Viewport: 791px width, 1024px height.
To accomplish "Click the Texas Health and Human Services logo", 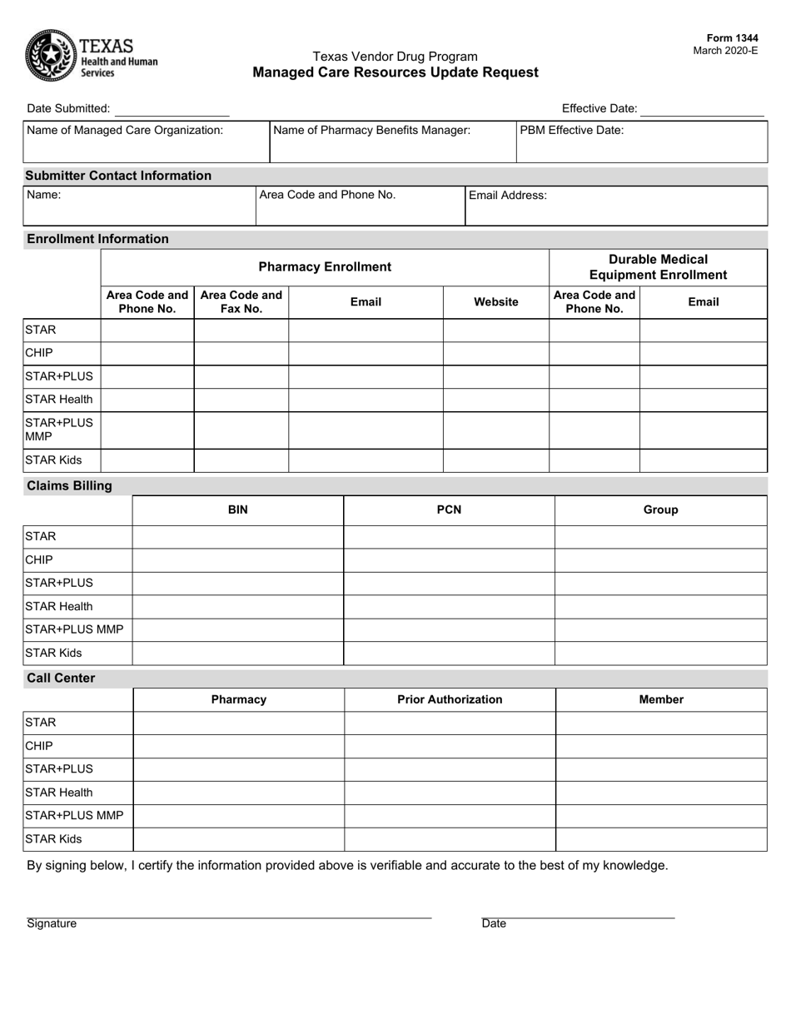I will point(91,55).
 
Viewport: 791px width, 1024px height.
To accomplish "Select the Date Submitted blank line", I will point(172,109).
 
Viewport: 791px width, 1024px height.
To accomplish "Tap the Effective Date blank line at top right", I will point(702,109).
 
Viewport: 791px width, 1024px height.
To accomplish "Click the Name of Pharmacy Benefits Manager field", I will point(392,142).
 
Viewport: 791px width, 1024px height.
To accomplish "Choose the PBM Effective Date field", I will point(641,142).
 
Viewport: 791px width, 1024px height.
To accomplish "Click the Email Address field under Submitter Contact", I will point(615,206).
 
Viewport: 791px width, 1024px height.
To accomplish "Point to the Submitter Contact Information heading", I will point(119,176).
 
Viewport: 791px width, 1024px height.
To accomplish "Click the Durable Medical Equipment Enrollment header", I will point(658,267).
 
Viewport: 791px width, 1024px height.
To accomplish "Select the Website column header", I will point(495,302).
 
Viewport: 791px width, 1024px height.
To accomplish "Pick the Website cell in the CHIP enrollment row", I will point(495,353).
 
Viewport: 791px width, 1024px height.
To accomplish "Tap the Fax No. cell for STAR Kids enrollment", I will point(241,460).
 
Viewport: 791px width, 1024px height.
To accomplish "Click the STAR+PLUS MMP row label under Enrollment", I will point(60,430).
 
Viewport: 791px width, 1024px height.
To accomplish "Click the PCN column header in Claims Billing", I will point(449,510).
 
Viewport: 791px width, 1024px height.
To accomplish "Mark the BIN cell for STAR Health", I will point(237,607).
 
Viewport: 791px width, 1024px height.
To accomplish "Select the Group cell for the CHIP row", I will point(660,560).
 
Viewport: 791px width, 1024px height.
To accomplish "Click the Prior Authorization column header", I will point(450,699).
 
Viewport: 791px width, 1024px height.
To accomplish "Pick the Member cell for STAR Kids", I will point(660,839).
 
